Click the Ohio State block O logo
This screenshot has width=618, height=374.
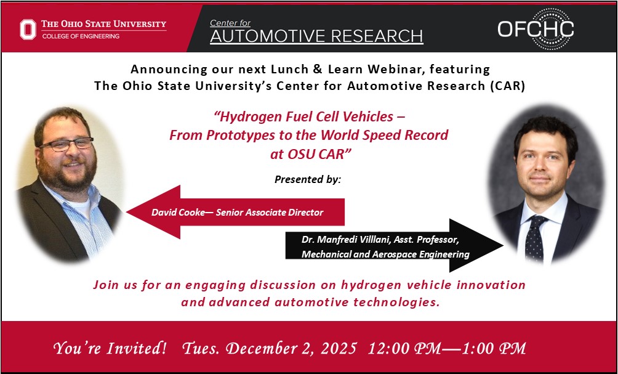tap(28, 29)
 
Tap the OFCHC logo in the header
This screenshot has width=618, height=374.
tap(535, 28)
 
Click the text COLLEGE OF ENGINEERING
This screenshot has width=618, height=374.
tap(81, 36)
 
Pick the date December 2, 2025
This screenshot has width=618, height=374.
tap(291, 348)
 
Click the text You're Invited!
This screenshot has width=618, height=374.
tap(110, 348)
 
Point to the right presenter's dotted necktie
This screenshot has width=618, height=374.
tap(535, 238)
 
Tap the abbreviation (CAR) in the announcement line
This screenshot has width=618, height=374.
tap(508, 86)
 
